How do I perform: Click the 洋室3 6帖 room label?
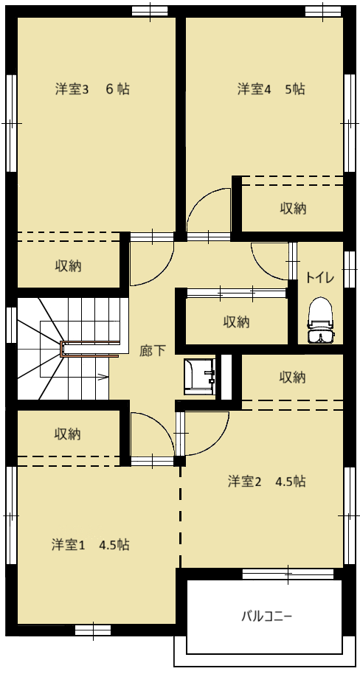[92, 89]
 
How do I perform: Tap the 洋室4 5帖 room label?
[271, 89]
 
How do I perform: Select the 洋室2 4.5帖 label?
[266, 482]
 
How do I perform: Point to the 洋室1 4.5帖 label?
[91, 545]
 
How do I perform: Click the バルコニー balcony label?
[266, 616]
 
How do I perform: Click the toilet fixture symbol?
[320, 321]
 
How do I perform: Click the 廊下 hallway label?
[152, 351]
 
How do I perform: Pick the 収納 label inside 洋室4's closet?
[294, 209]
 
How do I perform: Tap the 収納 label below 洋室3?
[68, 266]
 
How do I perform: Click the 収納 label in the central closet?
[237, 322]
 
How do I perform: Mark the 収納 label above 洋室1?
[68, 434]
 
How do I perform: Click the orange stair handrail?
[89, 349]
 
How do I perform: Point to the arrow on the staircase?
[103, 378]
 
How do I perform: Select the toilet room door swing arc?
[263, 267]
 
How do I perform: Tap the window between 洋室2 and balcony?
[288, 574]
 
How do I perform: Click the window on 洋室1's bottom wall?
[93, 630]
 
